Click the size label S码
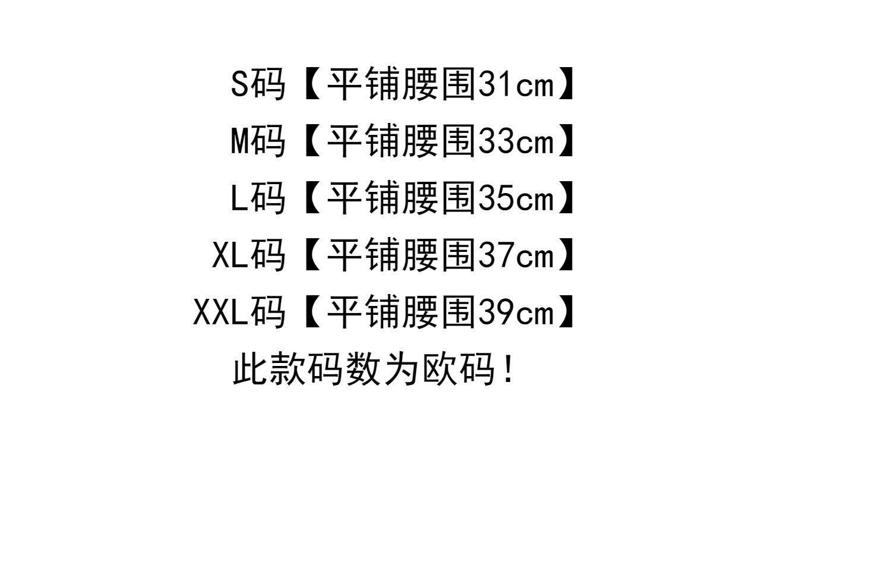point(258,84)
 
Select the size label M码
point(258,141)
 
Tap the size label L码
point(258,198)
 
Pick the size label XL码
point(249,255)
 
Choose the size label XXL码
point(239,312)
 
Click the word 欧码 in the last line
point(459,370)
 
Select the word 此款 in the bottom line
point(268,370)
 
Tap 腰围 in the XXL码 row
point(439,312)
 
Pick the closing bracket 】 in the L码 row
point(567,198)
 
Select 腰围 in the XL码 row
point(439,255)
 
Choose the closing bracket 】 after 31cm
point(567,84)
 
